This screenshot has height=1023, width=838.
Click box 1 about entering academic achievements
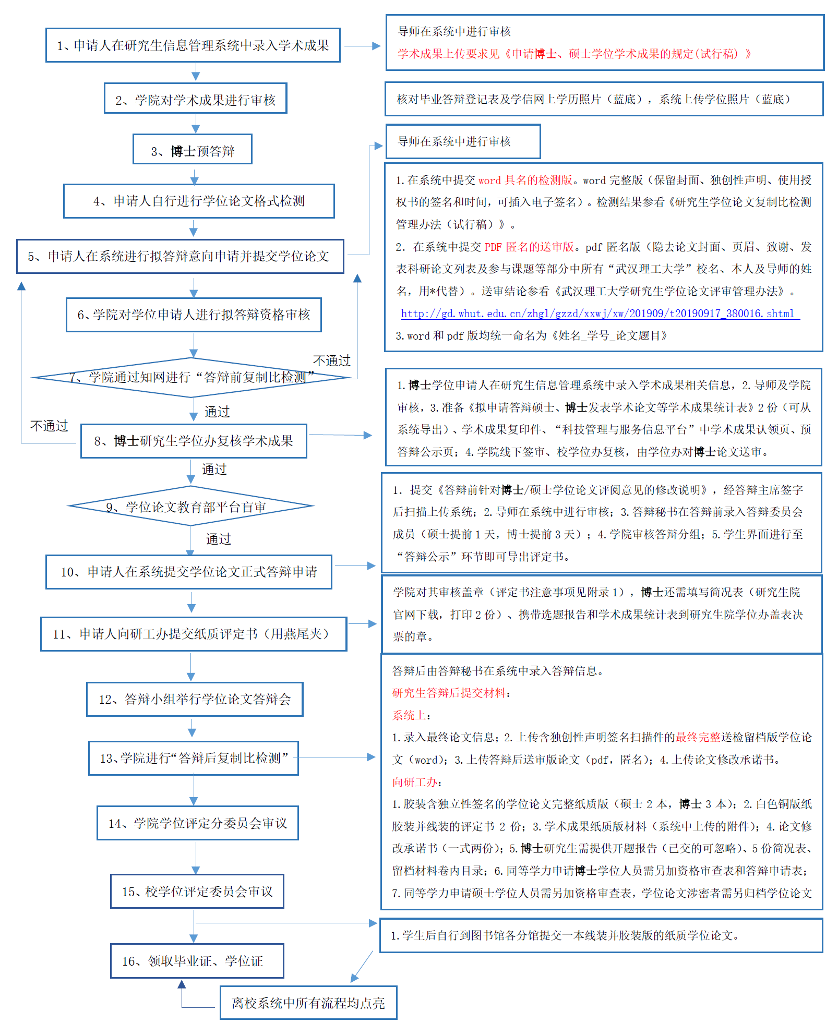193,45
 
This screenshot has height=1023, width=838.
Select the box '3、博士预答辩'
193,150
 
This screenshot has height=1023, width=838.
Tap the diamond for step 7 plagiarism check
191,377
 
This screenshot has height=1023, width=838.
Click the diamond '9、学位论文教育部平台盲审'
190,507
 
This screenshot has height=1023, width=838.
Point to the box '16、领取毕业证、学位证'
197,961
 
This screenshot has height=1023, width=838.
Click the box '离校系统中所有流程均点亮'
308,1003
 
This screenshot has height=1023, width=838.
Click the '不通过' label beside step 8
49,426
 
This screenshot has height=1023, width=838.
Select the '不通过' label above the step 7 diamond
332,360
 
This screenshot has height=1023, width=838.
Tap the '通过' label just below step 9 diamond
218,539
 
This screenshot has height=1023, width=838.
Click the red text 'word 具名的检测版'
525,180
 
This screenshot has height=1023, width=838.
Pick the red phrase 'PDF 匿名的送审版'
529,247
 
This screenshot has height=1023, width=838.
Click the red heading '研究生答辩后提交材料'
449,693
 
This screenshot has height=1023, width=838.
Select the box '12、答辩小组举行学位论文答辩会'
195,699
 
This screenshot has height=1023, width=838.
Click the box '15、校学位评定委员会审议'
197,892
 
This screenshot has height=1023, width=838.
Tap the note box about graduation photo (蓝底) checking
604,99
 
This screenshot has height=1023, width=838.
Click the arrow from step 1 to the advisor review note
362,46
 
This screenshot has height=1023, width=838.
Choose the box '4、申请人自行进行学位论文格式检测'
199,201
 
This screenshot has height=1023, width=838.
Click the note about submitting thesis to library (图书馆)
601,935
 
